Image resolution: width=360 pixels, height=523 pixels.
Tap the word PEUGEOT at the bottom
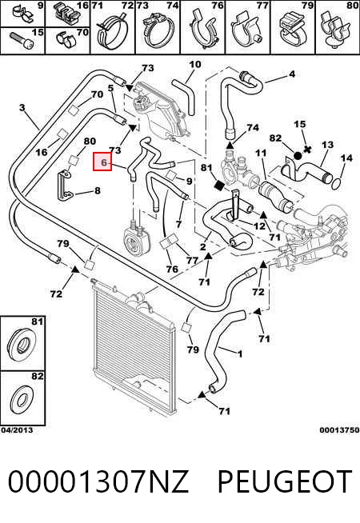[285, 481]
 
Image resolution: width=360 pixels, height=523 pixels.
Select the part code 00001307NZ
[98, 481]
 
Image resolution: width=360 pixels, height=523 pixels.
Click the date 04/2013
[17, 430]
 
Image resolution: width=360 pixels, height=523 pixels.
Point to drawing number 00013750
[339, 430]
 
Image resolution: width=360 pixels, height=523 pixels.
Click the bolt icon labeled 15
[19, 40]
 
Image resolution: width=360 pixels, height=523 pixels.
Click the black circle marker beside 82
[298, 155]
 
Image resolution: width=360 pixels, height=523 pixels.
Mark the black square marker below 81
[220, 186]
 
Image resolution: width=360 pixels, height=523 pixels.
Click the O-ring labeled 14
[337, 182]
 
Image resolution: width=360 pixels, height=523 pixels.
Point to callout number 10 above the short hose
[195, 64]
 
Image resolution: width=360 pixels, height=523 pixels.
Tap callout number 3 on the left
[22, 108]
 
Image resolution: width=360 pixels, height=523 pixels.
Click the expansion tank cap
[141, 101]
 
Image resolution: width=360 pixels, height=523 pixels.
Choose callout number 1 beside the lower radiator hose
[239, 354]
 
